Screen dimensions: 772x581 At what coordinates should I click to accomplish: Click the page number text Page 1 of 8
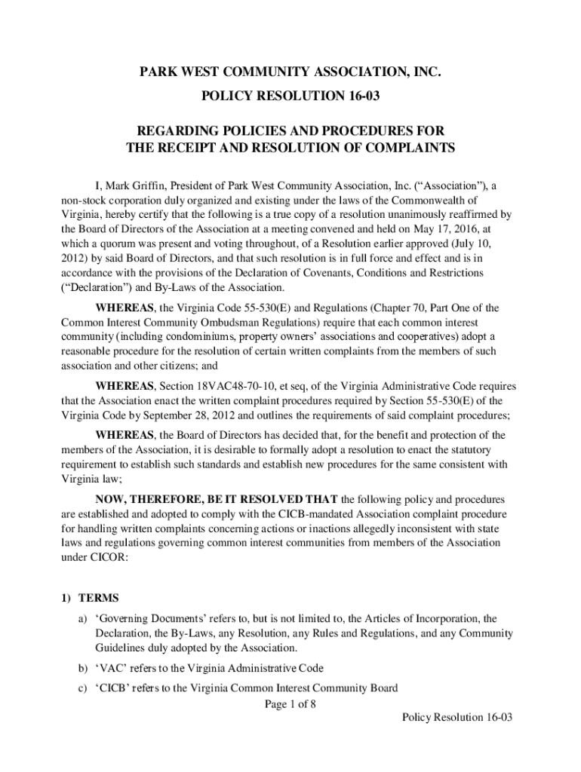pyautogui.click(x=290, y=704)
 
